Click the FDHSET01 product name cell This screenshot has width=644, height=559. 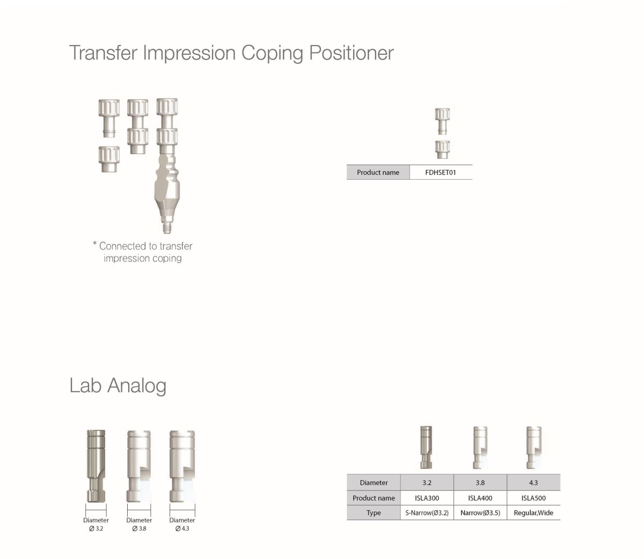click(x=441, y=172)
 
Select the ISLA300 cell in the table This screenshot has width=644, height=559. click(x=427, y=498)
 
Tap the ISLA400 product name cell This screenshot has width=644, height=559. click(x=480, y=498)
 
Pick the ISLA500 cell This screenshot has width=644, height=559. click(x=533, y=498)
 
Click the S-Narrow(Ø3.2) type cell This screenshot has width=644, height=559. click(x=427, y=513)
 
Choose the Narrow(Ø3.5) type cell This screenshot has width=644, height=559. click(x=480, y=513)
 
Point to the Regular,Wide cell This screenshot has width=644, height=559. click(x=533, y=513)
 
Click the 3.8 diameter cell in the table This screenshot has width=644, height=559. click(x=480, y=483)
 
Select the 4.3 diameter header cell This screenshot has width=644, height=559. click(x=533, y=483)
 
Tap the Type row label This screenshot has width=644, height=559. click(x=374, y=513)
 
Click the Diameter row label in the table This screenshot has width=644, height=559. click(x=374, y=483)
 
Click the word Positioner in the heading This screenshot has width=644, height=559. click(x=352, y=53)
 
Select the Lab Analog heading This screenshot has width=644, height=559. click(x=118, y=386)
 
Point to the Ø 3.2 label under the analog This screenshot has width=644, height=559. click(x=96, y=528)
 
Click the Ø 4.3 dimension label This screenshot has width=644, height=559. click(x=182, y=528)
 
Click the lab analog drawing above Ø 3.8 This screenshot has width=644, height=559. click(x=139, y=466)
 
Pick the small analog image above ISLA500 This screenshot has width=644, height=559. click(x=534, y=447)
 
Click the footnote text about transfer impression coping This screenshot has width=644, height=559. click(x=143, y=252)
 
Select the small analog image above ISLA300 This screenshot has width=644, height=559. click(x=426, y=447)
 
